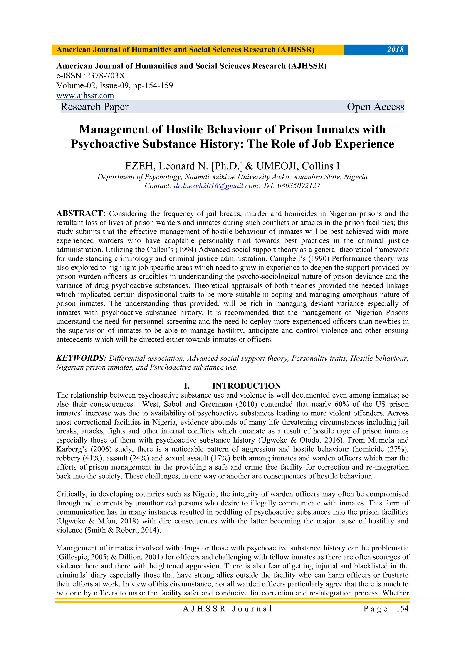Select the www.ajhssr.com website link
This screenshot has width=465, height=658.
[85, 95]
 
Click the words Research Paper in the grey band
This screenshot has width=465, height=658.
[94, 107]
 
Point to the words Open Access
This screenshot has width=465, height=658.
[375, 107]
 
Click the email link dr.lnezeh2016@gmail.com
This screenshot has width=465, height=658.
[216, 186]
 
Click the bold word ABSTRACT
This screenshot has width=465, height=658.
[81, 213]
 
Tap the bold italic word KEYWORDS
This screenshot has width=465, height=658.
[81, 358]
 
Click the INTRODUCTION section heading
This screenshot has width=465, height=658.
[246, 386]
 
